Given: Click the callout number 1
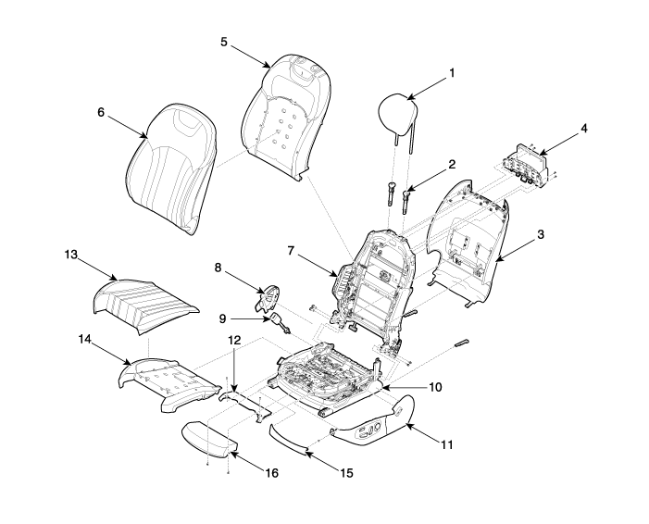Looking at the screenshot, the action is (452, 73).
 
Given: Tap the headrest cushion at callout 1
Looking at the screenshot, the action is (397, 113).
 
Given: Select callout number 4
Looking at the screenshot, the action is (583, 129).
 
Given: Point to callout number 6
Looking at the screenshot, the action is (101, 112).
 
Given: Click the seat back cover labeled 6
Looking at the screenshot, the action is (170, 168).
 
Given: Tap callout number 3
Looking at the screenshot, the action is (540, 234).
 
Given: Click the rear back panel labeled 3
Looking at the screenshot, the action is (468, 244).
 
